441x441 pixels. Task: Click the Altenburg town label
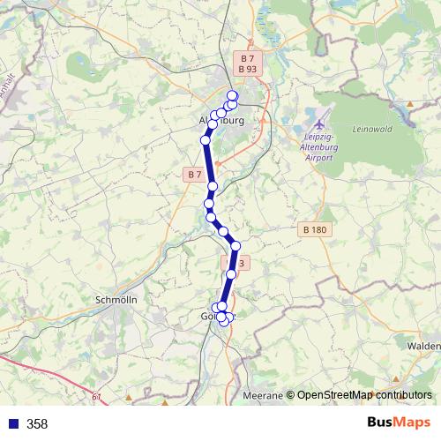click(x=221, y=121)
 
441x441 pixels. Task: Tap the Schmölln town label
click(x=115, y=300)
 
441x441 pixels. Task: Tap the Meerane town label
click(x=263, y=395)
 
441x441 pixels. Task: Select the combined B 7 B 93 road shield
click(x=248, y=64)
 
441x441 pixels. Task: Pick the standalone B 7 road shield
click(x=195, y=175)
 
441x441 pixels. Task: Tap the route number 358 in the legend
click(x=37, y=424)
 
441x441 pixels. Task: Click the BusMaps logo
click(x=393, y=423)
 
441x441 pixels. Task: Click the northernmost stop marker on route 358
click(x=233, y=96)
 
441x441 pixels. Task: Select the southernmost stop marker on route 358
click(x=224, y=321)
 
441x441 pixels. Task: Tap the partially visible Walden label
click(x=423, y=347)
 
